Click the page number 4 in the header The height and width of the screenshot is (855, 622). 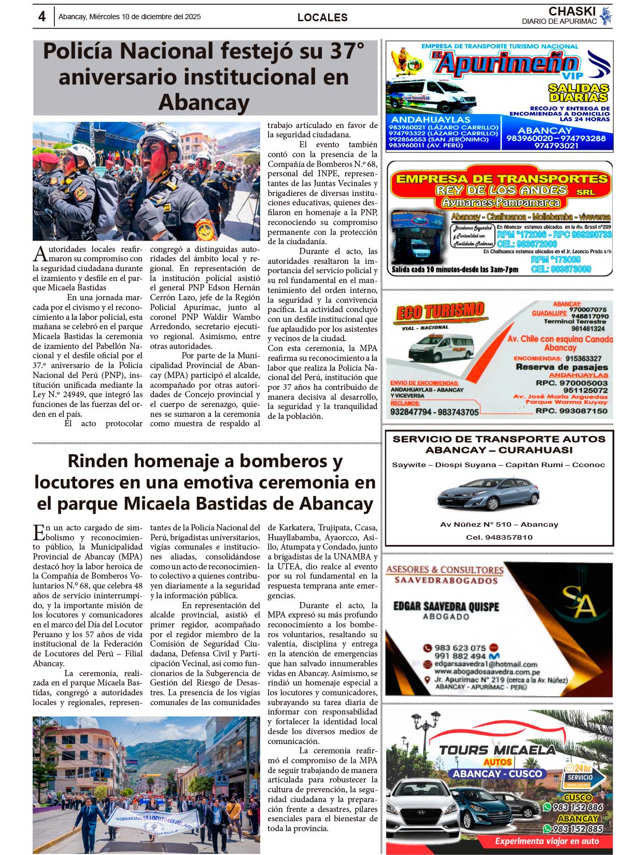(x=41, y=16)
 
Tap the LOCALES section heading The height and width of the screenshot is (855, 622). (x=322, y=18)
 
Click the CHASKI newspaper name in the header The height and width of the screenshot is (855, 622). (x=572, y=11)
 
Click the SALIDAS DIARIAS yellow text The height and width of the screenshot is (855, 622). (x=578, y=93)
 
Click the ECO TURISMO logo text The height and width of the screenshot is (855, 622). (x=440, y=312)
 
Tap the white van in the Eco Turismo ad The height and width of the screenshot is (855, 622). (x=441, y=347)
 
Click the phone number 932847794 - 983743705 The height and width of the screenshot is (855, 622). (x=434, y=412)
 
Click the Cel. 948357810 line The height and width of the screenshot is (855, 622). (x=499, y=537)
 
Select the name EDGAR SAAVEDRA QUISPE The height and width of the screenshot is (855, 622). (x=446, y=606)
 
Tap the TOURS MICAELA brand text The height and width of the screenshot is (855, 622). (x=497, y=750)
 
